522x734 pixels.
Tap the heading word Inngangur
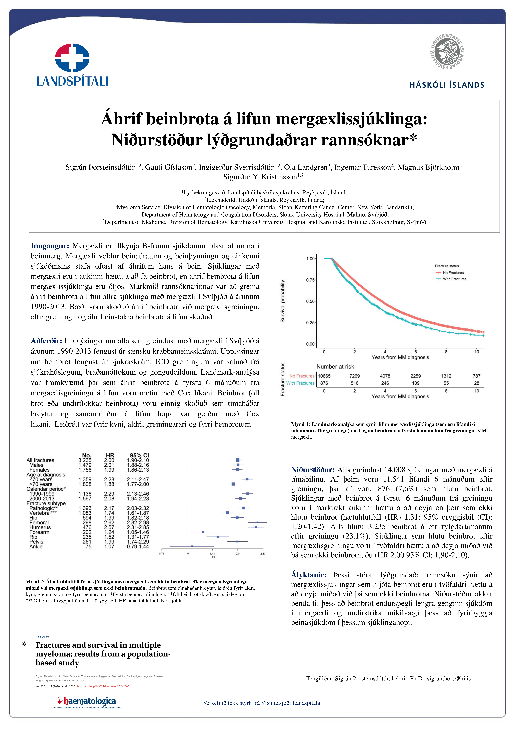tap(50, 246)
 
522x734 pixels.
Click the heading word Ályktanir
tap(309, 575)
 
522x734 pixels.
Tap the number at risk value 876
tap(324, 383)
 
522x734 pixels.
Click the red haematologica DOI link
tap(104, 686)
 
